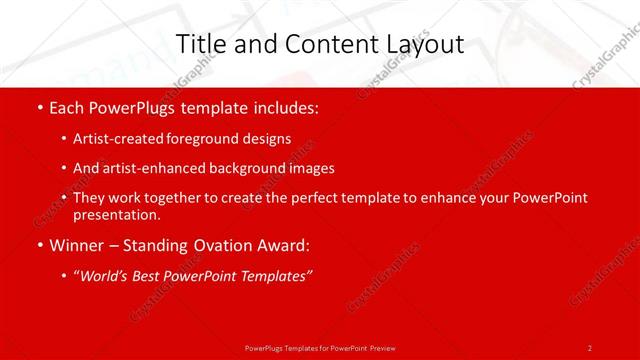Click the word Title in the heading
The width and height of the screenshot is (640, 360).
click(200, 44)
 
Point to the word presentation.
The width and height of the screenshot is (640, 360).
click(116, 214)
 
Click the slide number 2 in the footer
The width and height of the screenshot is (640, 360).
click(590, 347)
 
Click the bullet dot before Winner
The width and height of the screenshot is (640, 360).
click(38, 245)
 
